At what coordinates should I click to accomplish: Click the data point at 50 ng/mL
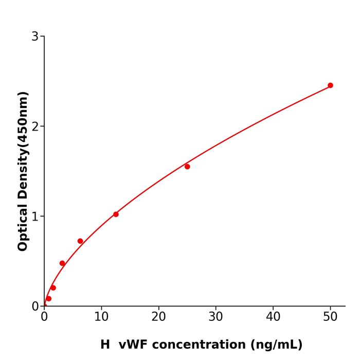coord(330,85)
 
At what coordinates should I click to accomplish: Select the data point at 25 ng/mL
coord(187,167)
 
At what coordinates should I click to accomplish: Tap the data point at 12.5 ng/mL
coord(116,214)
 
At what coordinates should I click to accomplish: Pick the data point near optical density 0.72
coord(80,241)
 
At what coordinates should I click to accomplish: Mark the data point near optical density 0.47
coord(62,263)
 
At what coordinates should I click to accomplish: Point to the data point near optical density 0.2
coord(53,287)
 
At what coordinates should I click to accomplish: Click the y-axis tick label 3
coord(35,37)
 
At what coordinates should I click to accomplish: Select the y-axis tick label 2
coord(35,127)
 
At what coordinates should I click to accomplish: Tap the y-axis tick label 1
coord(35,217)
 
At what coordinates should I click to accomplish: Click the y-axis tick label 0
coord(35,307)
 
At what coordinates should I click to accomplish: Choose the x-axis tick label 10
coord(101,317)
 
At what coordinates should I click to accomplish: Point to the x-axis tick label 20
coord(158,317)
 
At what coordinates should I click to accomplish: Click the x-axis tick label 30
coord(215,317)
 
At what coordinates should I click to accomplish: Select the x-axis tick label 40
coord(273,317)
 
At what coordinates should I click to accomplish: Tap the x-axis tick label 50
coord(330,317)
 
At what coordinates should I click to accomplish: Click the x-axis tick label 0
coord(44,317)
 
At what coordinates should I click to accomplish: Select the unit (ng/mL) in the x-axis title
coord(276,345)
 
